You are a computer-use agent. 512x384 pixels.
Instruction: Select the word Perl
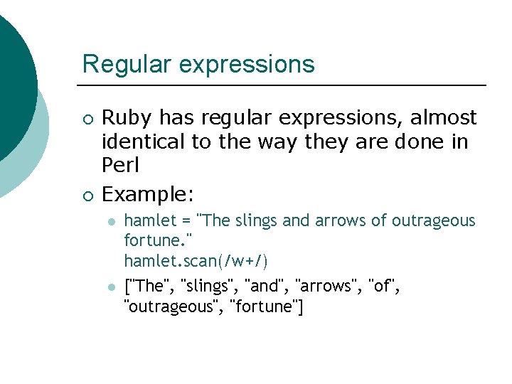point(120,166)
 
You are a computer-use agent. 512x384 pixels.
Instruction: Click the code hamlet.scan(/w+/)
point(196,261)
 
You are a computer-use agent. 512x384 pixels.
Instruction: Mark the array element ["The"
point(146,287)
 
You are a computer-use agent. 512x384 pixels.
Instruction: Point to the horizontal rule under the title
point(284,85)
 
